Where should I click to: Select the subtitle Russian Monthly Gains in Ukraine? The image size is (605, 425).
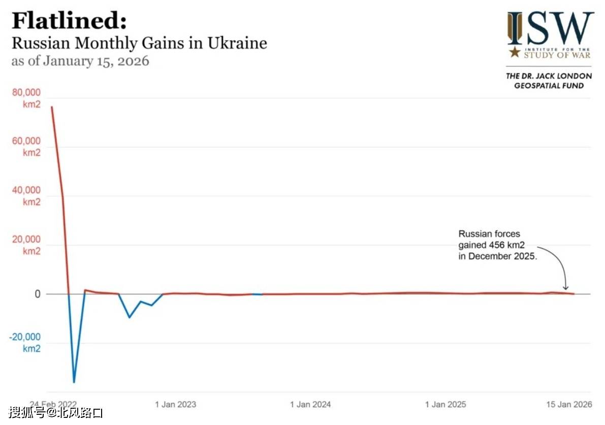(139, 43)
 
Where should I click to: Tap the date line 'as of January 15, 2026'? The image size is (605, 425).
(80, 61)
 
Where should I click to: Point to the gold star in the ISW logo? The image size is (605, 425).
(515, 52)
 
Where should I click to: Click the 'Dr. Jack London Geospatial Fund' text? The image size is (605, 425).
(549, 81)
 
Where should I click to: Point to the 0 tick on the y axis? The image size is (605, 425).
(37, 295)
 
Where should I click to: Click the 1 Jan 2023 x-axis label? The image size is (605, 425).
(175, 405)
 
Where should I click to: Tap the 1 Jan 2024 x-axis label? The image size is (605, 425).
(310, 405)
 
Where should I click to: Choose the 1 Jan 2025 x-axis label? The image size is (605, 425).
(445, 405)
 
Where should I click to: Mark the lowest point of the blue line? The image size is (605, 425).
(74, 382)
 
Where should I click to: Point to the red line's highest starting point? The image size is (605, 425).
(51, 107)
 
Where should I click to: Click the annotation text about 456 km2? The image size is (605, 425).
(497, 245)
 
